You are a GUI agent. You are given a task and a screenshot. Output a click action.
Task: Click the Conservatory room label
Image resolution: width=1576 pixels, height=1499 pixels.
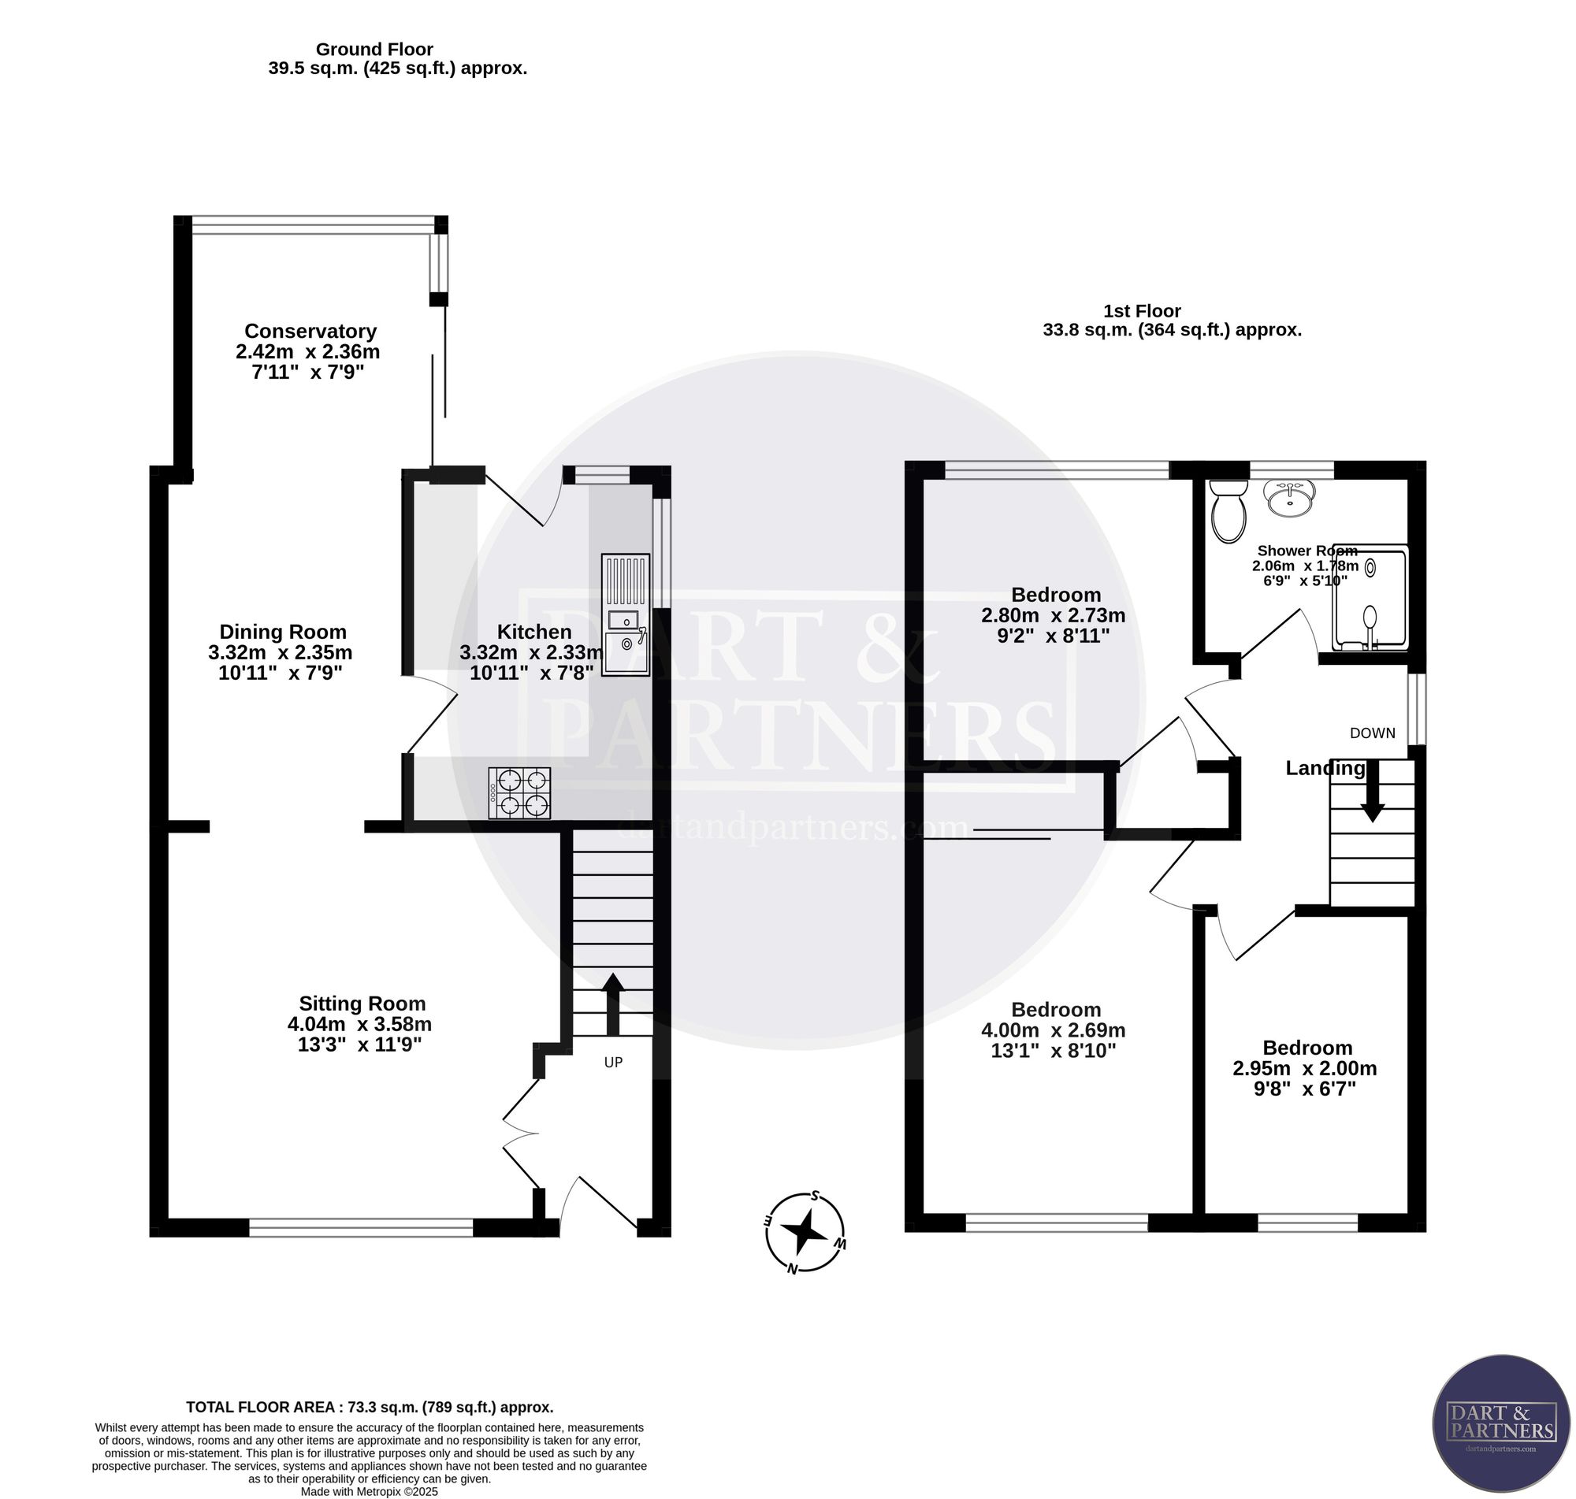(x=310, y=331)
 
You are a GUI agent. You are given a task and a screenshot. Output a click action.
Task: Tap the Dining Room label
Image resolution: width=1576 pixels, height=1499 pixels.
(x=283, y=632)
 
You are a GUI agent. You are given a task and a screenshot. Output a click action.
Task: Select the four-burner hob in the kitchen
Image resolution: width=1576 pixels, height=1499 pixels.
(x=519, y=792)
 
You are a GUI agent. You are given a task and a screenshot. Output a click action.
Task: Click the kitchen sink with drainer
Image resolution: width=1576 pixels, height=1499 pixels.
(x=625, y=615)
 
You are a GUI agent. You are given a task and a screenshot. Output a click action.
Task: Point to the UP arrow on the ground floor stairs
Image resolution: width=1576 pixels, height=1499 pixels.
(x=613, y=1004)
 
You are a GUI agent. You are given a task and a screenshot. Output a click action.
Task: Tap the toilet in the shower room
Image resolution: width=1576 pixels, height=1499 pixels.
(x=1228, y=510)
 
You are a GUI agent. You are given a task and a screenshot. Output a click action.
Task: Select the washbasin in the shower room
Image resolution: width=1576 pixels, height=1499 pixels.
(x=1289, y=498)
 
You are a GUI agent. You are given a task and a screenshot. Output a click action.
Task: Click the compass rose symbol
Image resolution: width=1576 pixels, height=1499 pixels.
(x=805, y=1233)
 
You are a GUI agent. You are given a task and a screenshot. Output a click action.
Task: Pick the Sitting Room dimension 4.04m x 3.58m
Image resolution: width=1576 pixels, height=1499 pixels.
(x=359, y=1024)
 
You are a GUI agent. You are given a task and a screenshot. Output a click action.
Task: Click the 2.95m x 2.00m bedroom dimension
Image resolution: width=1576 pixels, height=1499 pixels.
(x=1305, y=1068)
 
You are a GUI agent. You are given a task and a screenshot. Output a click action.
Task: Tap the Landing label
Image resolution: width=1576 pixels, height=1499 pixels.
(x=1325, y=769)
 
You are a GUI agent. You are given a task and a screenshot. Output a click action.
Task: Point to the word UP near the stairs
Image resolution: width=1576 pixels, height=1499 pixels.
(x=613, y=1063)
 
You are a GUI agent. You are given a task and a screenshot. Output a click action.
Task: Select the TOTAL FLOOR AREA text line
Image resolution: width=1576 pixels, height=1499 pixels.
(x=370, y=1407)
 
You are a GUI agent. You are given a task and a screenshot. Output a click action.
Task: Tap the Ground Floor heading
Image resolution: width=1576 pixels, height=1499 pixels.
(x=375, y=50)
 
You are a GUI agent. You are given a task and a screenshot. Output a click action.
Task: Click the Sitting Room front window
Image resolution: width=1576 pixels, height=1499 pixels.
(x=361, y=1227)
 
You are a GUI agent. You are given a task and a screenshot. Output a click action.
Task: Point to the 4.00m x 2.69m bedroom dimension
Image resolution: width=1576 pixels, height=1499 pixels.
(x=1054, y=1030)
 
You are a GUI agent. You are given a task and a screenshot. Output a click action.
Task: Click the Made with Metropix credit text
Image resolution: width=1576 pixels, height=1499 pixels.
(x=370, y=1491)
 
